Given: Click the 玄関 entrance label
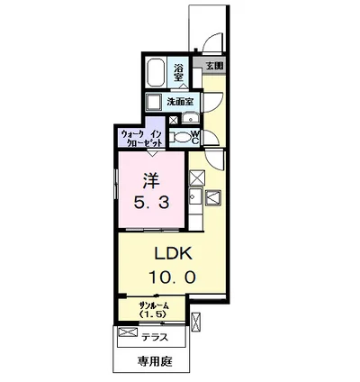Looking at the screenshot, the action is click(215, 66).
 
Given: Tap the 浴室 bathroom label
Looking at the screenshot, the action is click(178, 72).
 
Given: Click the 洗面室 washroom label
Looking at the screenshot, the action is click(180, 102).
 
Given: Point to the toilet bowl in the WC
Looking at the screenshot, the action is click(183, 138).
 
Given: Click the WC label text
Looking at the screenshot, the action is click(195, 138).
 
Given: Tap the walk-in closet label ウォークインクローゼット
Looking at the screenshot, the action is click(141, 138).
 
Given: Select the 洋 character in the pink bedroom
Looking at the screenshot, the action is click(151, 180).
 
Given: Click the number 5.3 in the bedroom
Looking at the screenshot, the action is click(151, 204).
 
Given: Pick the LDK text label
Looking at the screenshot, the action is click(173, 254).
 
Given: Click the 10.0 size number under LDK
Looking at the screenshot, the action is click(172, 277).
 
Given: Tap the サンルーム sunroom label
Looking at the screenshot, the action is click(153, 306).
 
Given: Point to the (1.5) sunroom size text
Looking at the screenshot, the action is click(152, 314).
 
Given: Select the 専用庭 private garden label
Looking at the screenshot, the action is click(155, 361).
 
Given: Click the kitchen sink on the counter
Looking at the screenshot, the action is click(195, 196).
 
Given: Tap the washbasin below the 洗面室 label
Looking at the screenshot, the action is click(191, 118).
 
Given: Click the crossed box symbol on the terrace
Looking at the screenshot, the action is click(128, 332).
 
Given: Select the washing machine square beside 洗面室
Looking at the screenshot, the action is click(154, 102).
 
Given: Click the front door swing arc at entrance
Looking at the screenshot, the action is click(213, 42).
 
